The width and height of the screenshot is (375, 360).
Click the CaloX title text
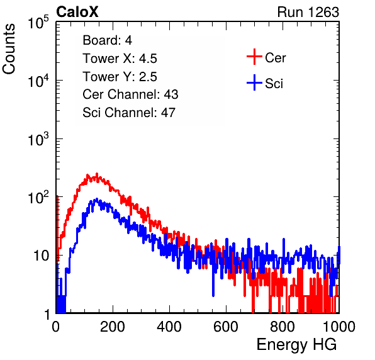point(77,12)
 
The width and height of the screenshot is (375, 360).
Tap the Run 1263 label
point(308,12)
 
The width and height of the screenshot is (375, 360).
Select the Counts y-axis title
point(9,49)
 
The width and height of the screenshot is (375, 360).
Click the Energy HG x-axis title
point(296,344)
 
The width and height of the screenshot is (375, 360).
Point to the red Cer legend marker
point(254,57)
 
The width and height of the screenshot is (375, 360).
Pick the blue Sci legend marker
point(254,83)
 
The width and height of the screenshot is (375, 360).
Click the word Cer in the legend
point(275,58)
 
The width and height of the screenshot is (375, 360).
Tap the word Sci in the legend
point(274,84)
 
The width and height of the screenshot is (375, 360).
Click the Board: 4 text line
point(107,40)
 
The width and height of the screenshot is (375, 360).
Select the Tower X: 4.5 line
point(120,59)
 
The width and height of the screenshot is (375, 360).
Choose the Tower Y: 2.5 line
point(120,77)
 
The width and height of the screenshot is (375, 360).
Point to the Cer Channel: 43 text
point(130,94)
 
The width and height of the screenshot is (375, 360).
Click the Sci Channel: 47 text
point(129,113)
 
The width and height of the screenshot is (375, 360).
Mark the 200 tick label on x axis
point(113,327)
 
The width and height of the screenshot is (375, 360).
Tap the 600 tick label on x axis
point(226,327)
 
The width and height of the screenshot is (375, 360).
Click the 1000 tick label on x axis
point(339,327)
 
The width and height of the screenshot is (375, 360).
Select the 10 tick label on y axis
point(41,256)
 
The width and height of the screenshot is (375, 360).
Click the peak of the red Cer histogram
point(97,174)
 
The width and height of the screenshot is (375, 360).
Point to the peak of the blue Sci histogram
point(97,198)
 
